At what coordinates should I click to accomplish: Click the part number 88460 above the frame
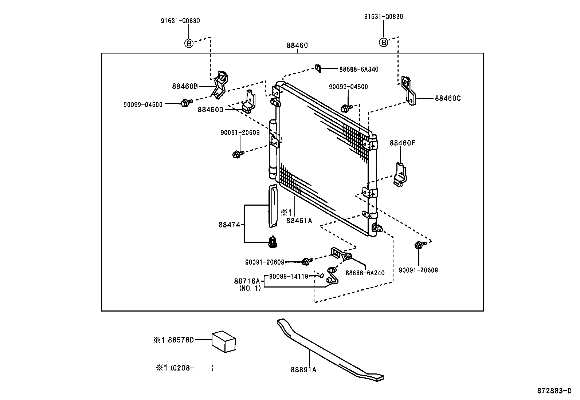pyautogui.click(x=297, y=45)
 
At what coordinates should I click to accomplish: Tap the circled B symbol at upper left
pyautogui.click(x=188, y=43)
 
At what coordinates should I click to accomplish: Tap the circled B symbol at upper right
pyautogui.click(x=383, y=43)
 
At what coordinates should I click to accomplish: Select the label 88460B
pyautogui.click(x=185, y=86)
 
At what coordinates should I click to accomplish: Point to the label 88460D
pyautogui.click(x=210, y=109)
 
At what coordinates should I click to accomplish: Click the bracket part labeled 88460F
pyautogui.click(x=400, y=175)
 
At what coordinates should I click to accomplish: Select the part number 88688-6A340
pyautogui.click(x=358, y=69)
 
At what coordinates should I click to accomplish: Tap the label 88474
pyautogui.click(x=229, y=225)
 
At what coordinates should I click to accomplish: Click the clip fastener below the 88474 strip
pyautogui.click(x=272, y=242)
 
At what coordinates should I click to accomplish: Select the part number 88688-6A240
pyautogui.click(x=364, y=273)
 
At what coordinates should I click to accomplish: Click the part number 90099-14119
pyautogui.click(x=289, y=276)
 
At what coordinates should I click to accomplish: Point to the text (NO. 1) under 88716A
pyautogui.click(x=250, y=288)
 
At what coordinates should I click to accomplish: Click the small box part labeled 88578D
pyautogui.click(x=224, y=341)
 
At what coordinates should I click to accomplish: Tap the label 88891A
pyautogui.click(x=303, y=370)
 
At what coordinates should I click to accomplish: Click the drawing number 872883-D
pyautogui.click(x=554, y=391)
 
